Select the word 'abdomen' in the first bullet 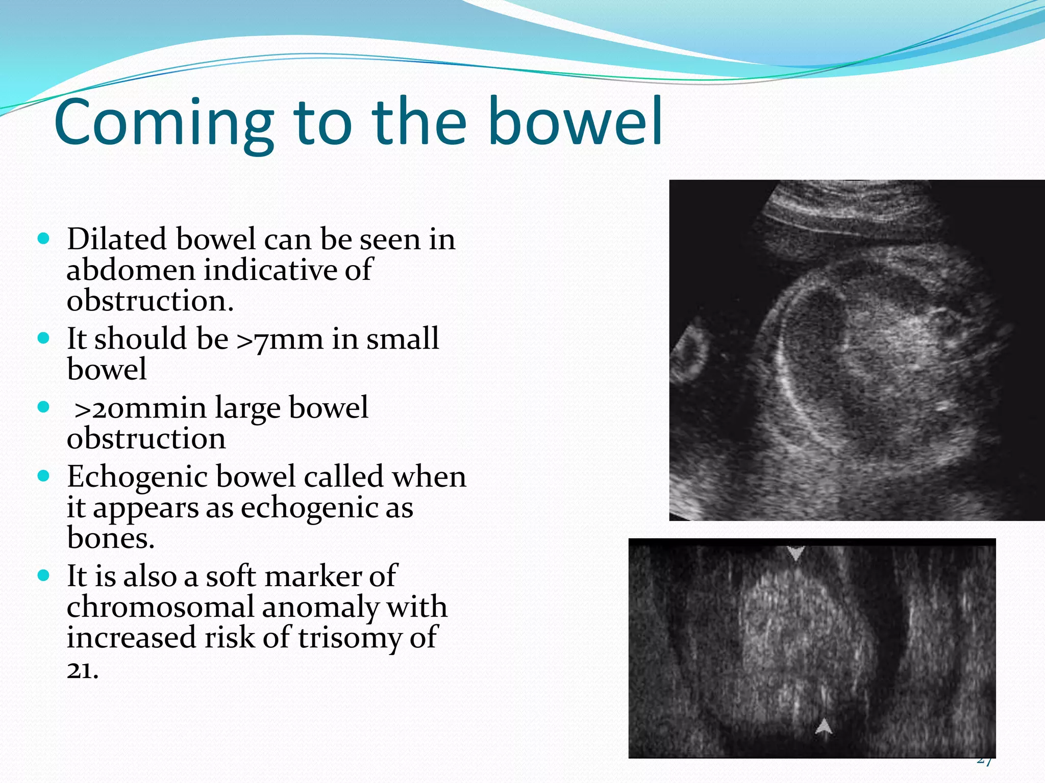coord(131,270)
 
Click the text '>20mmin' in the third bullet coord(140,408)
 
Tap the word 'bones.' coord(110,538)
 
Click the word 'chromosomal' coord(160,607)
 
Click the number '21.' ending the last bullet coord(82,670)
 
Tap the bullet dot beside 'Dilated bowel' coord(44,239)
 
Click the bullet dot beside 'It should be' coord(44,338)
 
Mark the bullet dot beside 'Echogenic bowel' coord(44,476)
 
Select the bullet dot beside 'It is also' coord(44,576)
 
